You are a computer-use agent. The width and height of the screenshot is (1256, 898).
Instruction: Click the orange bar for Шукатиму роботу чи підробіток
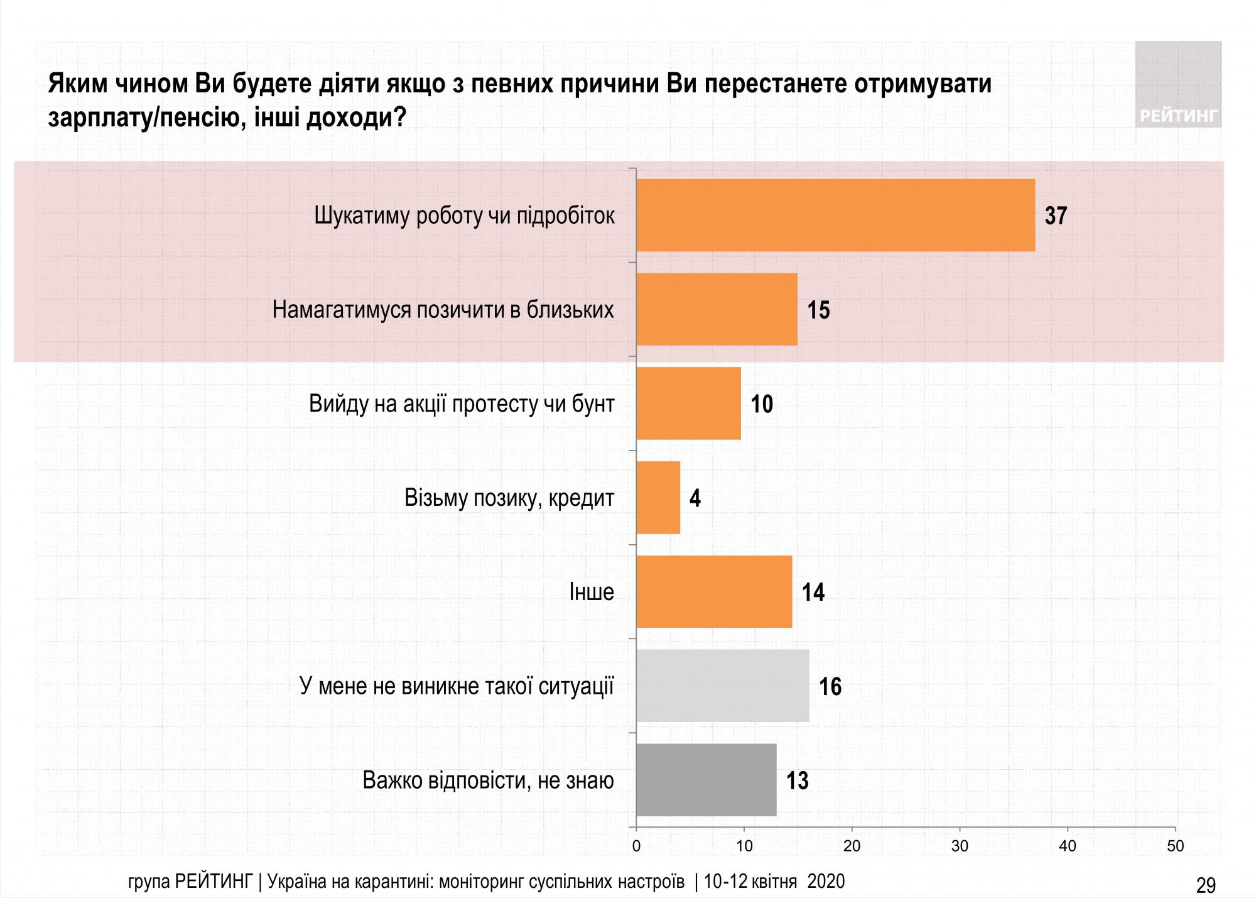pos(835,215)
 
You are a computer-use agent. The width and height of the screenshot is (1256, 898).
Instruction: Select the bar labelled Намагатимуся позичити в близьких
pos(717,309)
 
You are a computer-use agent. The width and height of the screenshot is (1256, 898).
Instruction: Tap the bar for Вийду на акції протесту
pos(688,403)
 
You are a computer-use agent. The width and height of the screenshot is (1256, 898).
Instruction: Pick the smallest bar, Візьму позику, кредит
pos(658,498)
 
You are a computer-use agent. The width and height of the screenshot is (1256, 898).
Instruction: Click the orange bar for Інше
pos(714,591)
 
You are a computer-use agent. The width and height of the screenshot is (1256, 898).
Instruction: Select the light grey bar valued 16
pos(722,686)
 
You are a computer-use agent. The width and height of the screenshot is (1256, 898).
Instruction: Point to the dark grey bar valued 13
pos(706,780)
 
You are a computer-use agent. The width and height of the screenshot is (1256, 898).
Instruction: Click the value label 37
pos(1056,216)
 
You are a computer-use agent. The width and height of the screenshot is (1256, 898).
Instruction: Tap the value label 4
pos(695,498)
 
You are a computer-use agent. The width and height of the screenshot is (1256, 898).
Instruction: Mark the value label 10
pos(762,404)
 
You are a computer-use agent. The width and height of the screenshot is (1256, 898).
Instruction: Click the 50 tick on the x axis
pos(1175,846)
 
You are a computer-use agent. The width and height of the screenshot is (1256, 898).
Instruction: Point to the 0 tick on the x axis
pos(636,846)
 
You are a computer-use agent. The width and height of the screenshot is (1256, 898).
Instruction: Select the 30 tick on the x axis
pos(960,846)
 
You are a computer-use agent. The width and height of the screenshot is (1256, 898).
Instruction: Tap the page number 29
pos(1206,885)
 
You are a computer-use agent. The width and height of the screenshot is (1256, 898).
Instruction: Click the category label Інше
pos(591,592)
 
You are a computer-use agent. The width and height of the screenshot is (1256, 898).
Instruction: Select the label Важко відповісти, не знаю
pos(488,780)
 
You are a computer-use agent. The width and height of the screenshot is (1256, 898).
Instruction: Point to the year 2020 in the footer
pos(826,881)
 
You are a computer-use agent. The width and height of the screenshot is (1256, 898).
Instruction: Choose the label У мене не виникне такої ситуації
pos(457,686)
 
